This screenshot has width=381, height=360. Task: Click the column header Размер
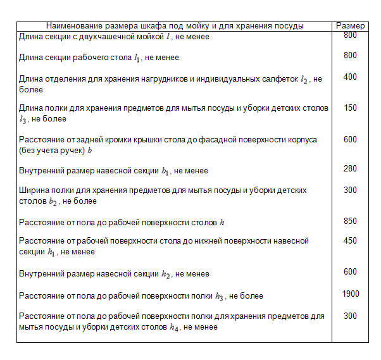350,26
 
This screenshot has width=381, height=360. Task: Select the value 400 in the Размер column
350,77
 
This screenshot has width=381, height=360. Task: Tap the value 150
350,108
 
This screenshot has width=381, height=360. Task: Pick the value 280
350,169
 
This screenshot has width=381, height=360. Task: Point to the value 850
350,221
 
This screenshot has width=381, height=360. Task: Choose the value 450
350,240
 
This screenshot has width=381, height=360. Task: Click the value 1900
350,294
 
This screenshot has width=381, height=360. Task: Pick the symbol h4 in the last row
175,328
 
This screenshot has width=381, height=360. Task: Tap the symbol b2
54,202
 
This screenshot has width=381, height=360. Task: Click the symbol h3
220,296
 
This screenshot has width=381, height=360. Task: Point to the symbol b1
165,171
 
